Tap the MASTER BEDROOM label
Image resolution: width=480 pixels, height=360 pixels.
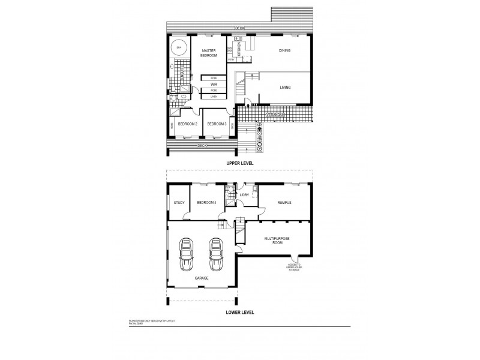click(x=208, y=52)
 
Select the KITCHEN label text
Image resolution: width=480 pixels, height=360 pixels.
click(x=239, y=49)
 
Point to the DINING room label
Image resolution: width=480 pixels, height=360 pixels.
click(x=284, y=50)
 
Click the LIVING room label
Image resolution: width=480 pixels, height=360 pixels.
click(x=285, y=88)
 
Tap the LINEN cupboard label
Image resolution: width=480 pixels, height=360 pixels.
click(x=214, y=96)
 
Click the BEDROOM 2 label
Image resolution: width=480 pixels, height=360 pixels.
click(x=187, y=124)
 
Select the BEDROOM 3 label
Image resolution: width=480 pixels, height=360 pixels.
click(x=216, y=124)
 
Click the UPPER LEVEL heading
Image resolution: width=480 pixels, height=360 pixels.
click(x=240, y=163)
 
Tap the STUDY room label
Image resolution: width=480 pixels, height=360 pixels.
click(x=179, y=202)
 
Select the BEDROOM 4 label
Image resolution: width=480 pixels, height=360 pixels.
click(x=207, y=202)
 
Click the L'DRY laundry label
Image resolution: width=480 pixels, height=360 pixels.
click(x=244, y=195)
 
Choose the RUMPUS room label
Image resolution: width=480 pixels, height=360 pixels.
click(x=284, y=202)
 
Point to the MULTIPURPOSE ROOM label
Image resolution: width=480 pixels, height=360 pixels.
click(x=277, y=241)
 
